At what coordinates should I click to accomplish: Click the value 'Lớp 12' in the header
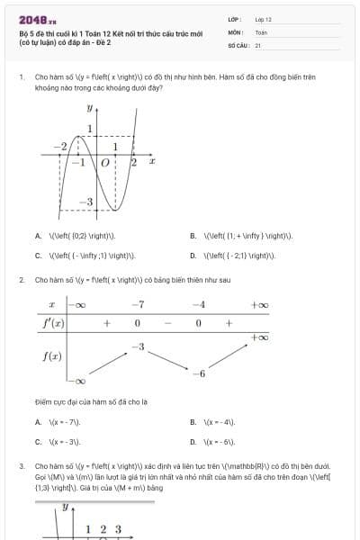[x=263, y=19]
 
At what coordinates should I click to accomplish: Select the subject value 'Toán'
[x=261, y=31]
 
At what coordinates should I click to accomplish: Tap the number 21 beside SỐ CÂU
[x=258, y=44]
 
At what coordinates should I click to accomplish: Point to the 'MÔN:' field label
[x=236, y=31]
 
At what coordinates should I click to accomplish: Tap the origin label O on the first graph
[x=105, y=163]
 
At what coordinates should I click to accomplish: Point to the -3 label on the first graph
[x=86, y=203]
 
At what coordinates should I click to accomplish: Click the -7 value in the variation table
[x=138, y=305]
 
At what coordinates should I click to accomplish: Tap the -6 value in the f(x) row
[x=202, y=373]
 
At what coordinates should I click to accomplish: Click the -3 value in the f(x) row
[x=138, y=346]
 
